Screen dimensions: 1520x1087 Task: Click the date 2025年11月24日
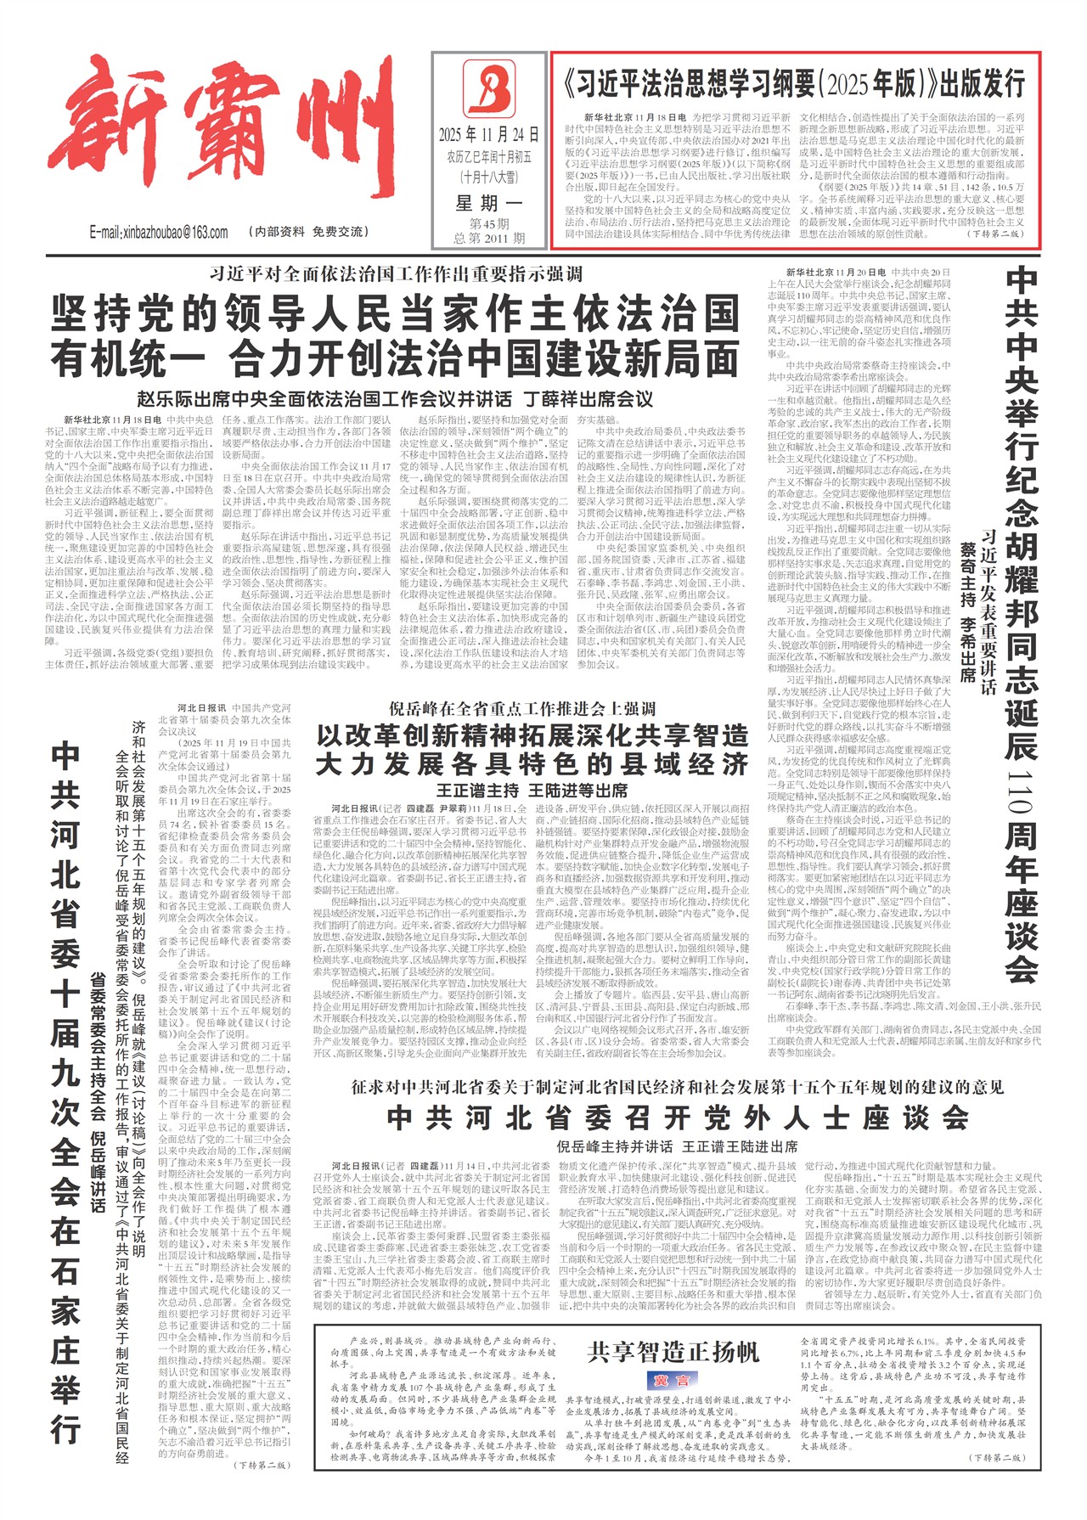[x=488, y=134]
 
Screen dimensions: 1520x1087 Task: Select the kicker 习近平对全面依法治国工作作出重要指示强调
[x=396, y=273]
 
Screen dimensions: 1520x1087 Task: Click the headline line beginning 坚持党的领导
[x=396, y=314]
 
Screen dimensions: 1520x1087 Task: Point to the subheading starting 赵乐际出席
[x=396, y=398]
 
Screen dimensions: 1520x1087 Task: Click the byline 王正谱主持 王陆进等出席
[x=532, y=790]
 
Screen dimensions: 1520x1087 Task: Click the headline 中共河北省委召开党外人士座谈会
[x=677, y=1117]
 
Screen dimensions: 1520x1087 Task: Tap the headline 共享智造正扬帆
[x=673, y=1352]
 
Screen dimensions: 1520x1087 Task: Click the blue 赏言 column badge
[x=672, y=1380]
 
